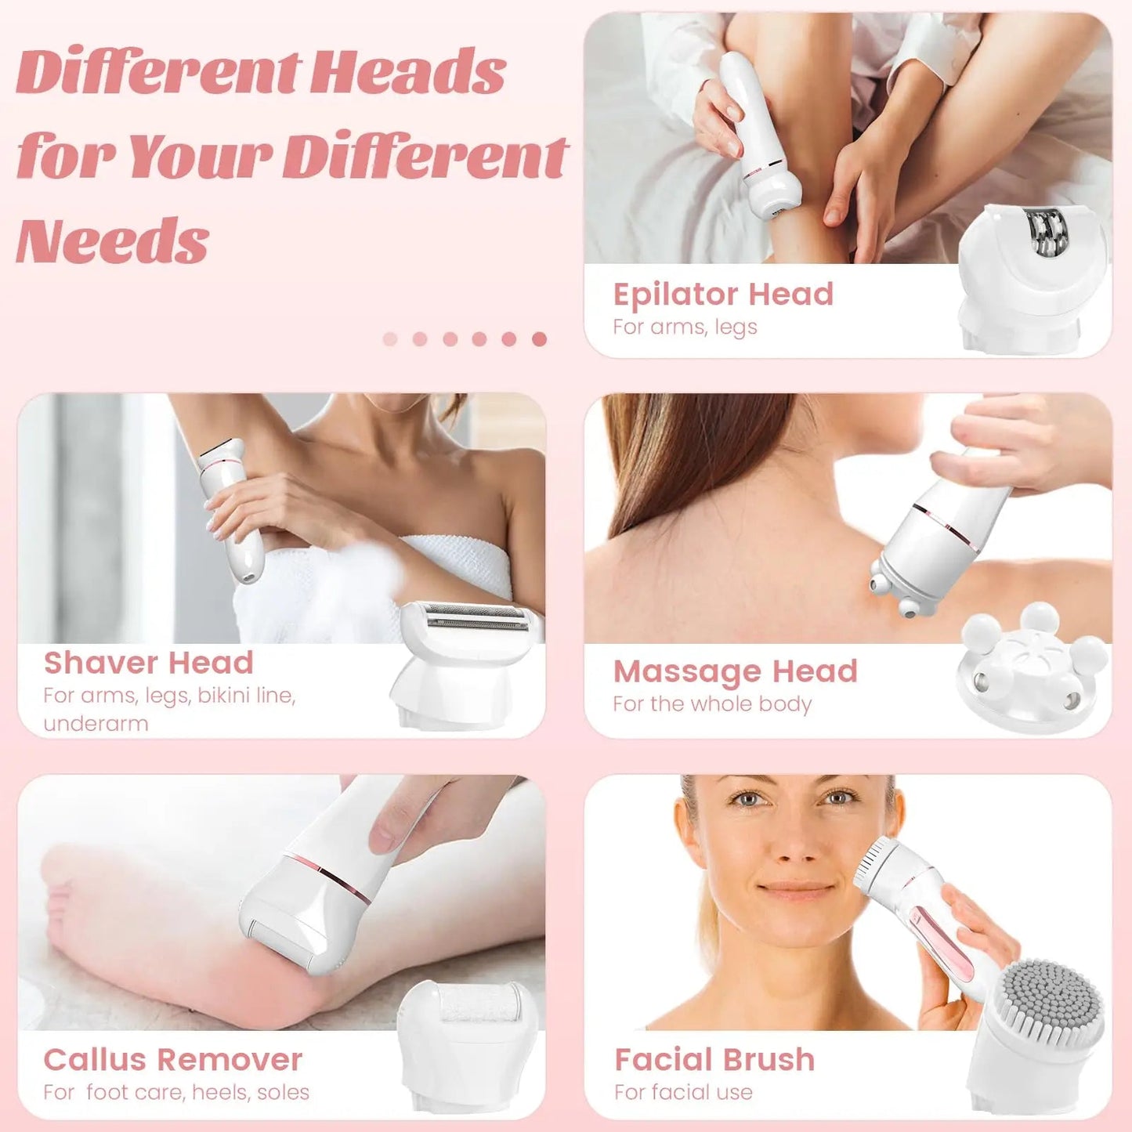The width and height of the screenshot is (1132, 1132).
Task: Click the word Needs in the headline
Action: (113, 241)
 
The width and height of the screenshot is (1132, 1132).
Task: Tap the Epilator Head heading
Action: (723, 295)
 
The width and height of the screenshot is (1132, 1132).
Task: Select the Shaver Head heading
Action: (148, 663)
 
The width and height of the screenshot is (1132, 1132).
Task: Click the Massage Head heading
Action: (735, 671)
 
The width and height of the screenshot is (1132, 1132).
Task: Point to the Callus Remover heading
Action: (172, 1060)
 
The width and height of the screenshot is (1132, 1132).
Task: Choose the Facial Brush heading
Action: (714, 1060)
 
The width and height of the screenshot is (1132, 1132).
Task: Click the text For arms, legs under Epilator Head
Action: (685, 327)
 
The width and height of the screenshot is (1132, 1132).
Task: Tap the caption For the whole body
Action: (712, 703)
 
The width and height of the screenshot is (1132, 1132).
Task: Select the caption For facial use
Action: (683, 1092)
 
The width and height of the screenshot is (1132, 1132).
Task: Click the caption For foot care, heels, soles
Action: (176, 1092)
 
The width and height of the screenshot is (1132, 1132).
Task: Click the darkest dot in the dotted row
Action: (539, 338)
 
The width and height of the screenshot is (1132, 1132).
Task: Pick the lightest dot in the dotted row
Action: (390, 338)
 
